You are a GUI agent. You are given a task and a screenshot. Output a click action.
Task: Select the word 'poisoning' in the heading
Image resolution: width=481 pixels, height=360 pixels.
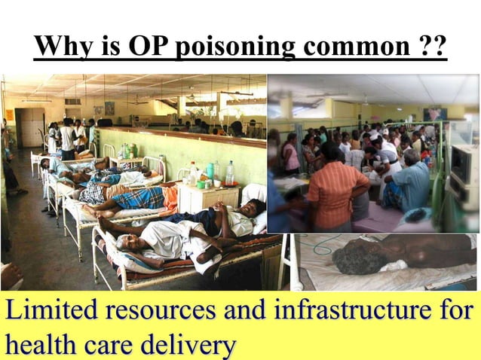point(231,47)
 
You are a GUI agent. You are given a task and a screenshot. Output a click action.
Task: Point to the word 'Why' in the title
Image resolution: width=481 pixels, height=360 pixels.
point(63,47)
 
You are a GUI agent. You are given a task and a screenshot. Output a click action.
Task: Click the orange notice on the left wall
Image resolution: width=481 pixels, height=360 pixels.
point(9,114)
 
